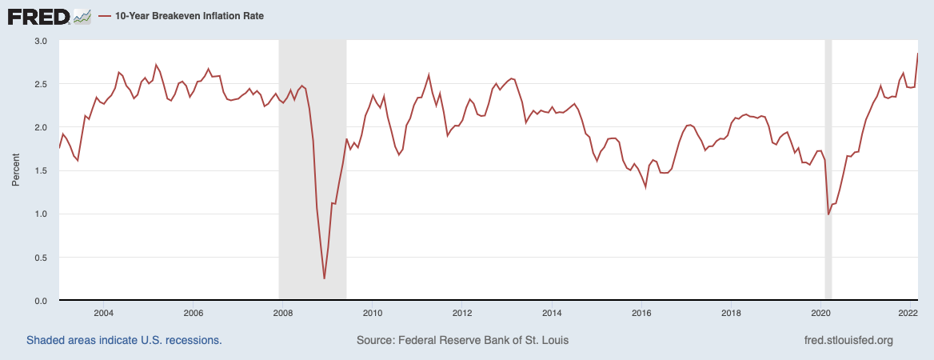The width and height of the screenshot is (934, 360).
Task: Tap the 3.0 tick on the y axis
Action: pyautogui.click(x=41, y=41)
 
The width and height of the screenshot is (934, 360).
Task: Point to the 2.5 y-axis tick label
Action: pyautogui.click(x=41, y=84)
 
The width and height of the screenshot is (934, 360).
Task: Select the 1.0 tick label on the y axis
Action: pyautogui.click(x=41, y=214)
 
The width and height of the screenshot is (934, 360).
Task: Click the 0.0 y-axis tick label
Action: pyautogui.click(x=41, y=301)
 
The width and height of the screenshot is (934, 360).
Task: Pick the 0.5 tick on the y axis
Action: pyautogui.click(x=41, y=258)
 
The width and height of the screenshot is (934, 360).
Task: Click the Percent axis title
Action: pyautogui.click(x=16, y=171)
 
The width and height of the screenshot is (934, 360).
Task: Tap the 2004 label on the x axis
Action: pyautogui.click(x=103, y=313)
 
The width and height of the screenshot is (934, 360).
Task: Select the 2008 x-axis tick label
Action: pyautogui.click(x=281, y=313)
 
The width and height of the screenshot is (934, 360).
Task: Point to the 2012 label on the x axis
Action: pyautogui.click(x=461, y=313)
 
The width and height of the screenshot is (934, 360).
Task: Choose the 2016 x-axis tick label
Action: pyautogui.click(x=641, y=313)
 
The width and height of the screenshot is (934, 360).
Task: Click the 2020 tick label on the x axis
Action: pyautogui.click(x=820, y=313)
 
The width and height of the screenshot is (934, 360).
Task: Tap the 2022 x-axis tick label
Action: pyautogui.click(x=908, y=313)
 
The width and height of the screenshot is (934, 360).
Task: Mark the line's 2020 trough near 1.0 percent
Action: pyautogui.click(x=828, y=214)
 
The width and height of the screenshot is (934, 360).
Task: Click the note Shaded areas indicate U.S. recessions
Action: pyautogui.click(x=124, y=340)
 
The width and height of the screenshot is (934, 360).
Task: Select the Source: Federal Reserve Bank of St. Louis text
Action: pyautogui.click(x=463, y=340)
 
